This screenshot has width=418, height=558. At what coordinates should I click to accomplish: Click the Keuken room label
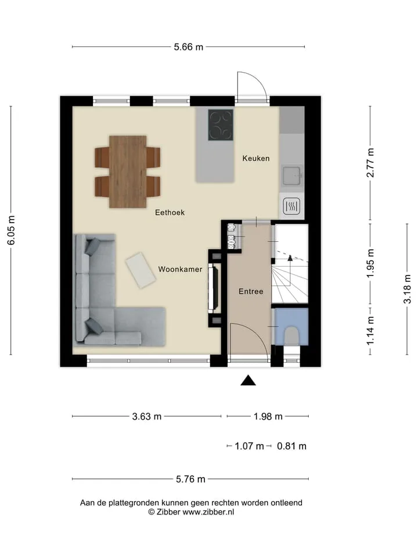coord(256,158)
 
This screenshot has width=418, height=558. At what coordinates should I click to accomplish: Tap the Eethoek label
coord(170,213)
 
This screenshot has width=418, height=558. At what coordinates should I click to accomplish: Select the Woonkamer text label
coord(180,269)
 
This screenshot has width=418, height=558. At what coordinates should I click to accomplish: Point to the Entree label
coord(251,291)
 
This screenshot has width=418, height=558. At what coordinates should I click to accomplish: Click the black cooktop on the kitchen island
coord(221,125)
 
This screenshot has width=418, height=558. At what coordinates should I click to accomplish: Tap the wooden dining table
coord(128,171)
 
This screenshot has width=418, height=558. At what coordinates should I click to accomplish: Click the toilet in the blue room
coord(291,335)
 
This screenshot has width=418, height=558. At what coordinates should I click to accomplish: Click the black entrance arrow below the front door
coord(248,380)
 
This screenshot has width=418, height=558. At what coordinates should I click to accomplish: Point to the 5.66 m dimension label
coord(188,47)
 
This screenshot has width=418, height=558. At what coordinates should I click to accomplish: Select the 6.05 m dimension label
coord(12,230)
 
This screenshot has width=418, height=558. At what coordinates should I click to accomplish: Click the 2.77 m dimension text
coord(370,163)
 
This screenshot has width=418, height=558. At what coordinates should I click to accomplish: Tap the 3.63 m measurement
coord(147,416)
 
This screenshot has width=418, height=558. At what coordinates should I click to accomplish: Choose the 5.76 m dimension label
coord(190,480)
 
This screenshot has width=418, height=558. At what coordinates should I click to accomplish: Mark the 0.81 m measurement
coord(291,446)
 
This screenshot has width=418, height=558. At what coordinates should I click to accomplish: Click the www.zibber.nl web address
coord(208,512)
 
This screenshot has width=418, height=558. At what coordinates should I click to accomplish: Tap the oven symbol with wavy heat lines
coord(291,206)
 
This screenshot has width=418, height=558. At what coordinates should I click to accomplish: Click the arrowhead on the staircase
coord(290,258)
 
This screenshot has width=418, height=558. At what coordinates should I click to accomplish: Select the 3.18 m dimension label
coord(408,289)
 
